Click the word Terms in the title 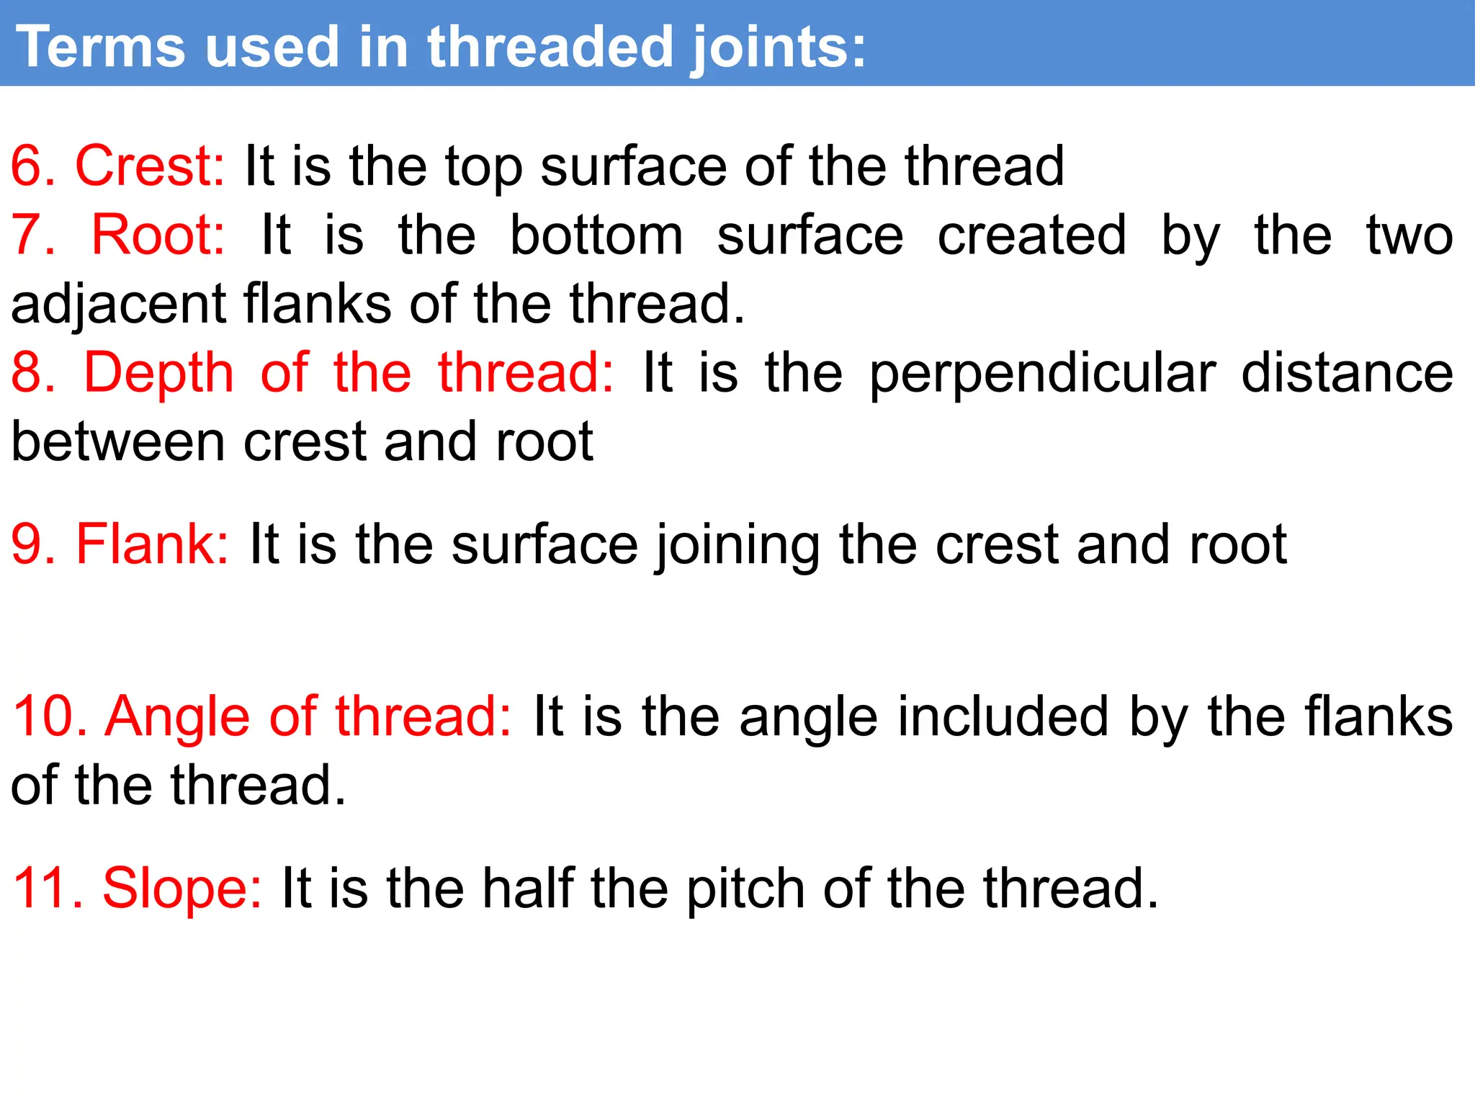101,47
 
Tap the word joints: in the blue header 778,48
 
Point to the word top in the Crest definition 483,167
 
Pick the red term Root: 158,235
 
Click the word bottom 596,235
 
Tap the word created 1031,235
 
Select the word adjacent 119,304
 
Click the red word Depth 159,372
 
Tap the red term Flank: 152,544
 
